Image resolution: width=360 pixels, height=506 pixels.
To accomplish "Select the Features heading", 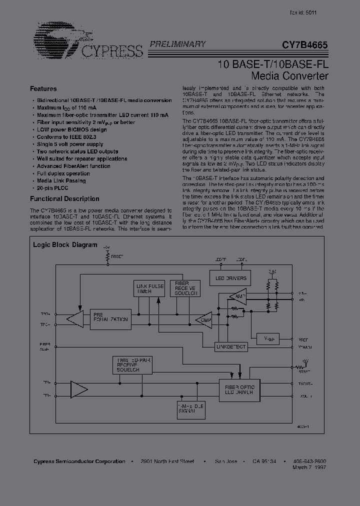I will (x=43, y=88).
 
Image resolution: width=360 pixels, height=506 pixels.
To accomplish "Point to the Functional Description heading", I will (x=64, y=198).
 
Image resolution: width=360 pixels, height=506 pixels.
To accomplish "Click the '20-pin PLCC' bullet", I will (x=52, y=188).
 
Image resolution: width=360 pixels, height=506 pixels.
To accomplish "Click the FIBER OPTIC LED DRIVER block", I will (x=239, y=390).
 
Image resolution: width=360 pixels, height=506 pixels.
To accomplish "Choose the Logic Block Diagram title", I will (x=65, y=245).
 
